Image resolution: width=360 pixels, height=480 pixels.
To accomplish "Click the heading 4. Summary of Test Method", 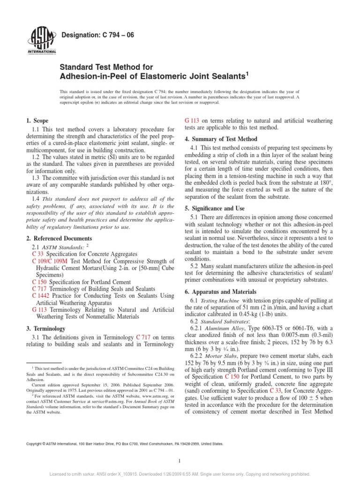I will coord(221,139).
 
